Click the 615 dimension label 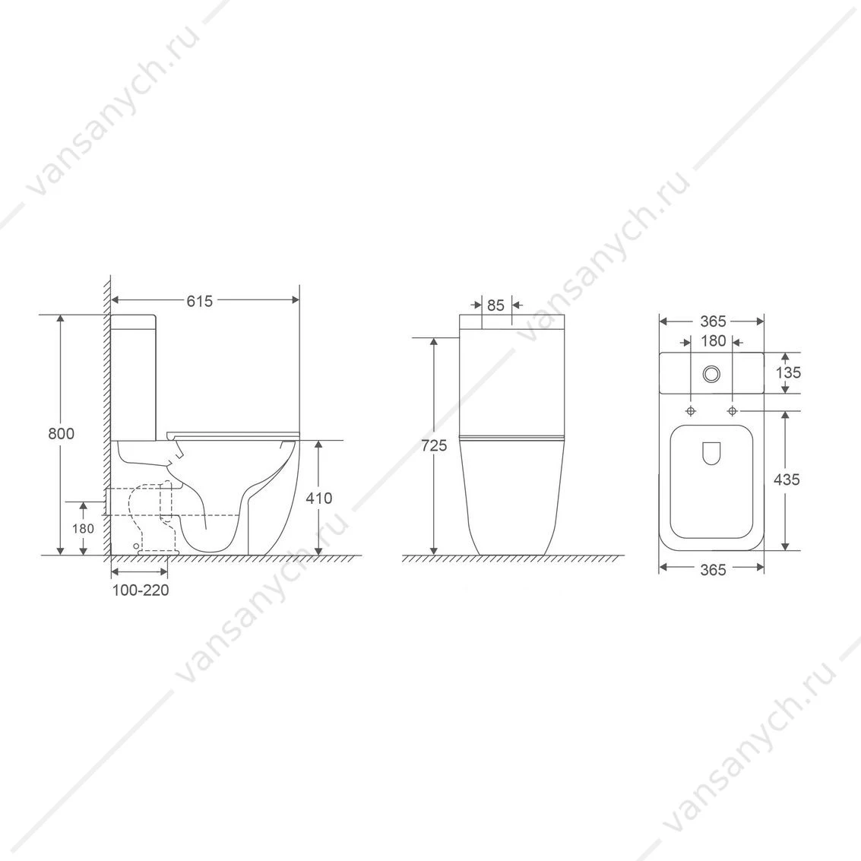point(199,301)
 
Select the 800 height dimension point(61,434)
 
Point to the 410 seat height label point(319,498)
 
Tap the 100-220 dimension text point(141,590)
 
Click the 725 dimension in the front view point(435,446)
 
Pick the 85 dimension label point(495,305)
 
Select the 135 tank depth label point(789,373)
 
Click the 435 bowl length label point(787,480)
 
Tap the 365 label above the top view point(714,321)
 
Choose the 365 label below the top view point(714,570)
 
